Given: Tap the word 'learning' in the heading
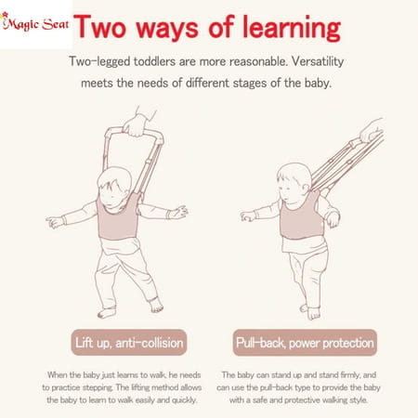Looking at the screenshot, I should tap(289, 28).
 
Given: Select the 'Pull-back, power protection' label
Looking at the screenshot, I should tap(292, 339).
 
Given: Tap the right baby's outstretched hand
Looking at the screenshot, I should tap(248, 216).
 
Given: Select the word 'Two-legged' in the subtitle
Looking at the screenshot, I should tap(105, 62).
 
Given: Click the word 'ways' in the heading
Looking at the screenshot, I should tap(178, 28).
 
